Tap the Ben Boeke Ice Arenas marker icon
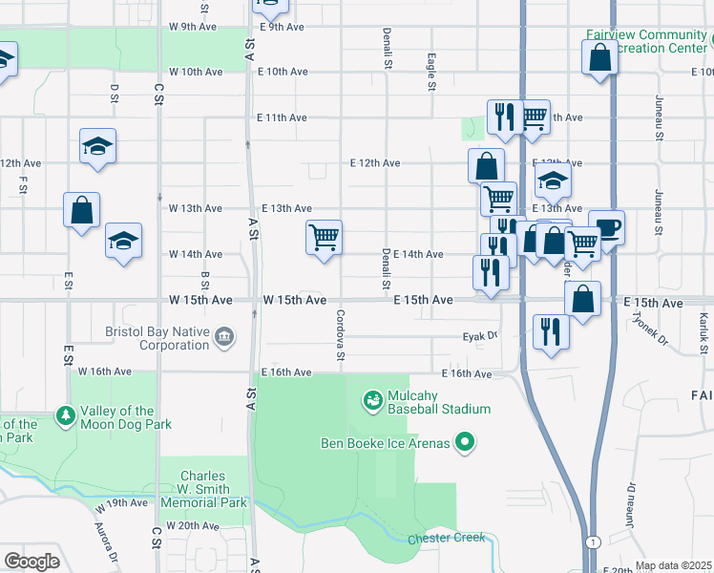point(465,441)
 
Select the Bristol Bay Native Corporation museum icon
point(224,336)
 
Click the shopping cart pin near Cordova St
point(325,238)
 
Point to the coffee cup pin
point(606,228)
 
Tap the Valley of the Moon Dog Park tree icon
point(65,415)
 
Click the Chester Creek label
point(446,540)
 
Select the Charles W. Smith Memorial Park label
point(203,489)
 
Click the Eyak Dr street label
point(480,336)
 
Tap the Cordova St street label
point(339,335)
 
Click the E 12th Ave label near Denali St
point(374,163)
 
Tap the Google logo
point(31,561)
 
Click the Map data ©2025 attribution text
point(673,565)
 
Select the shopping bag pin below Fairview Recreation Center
point(598,58)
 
